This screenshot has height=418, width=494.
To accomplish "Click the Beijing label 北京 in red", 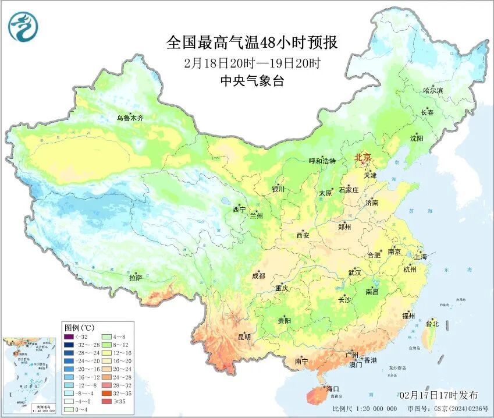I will pyautogui.click(x=363, y=157).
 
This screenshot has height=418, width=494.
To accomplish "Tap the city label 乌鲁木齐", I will pyautogui.click(x=130, y=118).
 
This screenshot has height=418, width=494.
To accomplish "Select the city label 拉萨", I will pyautogui.click(x=136, y=278).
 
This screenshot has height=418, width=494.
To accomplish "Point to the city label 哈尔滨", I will pyautogui.click(x=433, y=90).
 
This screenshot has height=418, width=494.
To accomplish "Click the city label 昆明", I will pyautogui.click(x=244, y=336).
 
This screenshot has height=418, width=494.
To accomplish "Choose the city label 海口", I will pyautogui.click(x=333, y=388).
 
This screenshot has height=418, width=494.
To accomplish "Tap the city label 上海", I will pyautogui.click(x=420, y=256).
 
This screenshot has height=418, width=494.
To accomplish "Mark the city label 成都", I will pyautogui.click(x=258, y=276).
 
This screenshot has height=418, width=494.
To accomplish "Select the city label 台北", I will pyautogui.click(x=432, y=323).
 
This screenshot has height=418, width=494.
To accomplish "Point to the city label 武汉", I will pyautogui.click(x=354, y=272).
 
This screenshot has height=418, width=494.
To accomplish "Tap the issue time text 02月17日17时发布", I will pyautogui.click(x=439, y=395).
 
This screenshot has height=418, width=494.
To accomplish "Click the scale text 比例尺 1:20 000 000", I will pyautogui.click(x=369, y=409).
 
